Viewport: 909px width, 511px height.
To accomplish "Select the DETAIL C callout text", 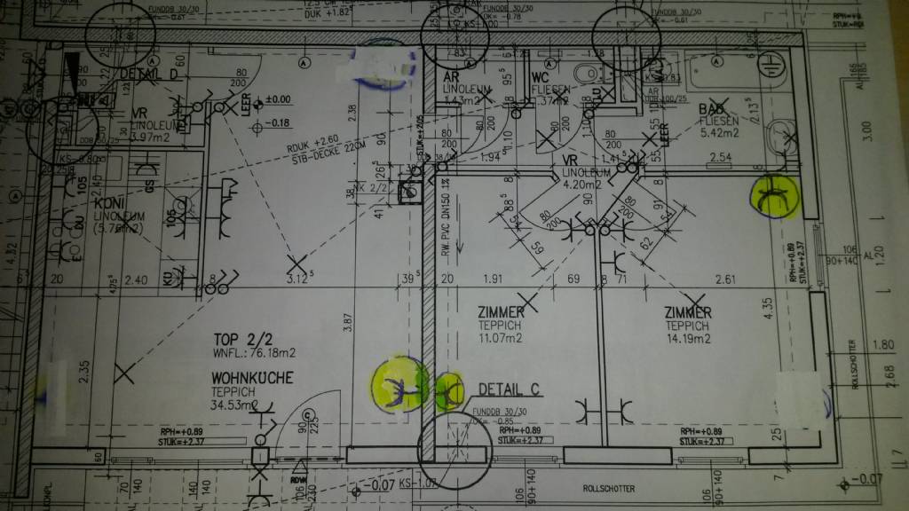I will tap(510, 389).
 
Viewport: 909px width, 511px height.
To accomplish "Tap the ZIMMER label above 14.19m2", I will tap(689, 312).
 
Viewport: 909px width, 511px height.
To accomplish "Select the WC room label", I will tap(541, 76).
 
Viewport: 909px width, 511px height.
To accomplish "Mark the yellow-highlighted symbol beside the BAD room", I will tap(774, 195).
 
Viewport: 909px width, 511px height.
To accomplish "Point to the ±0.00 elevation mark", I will tap(275, 100).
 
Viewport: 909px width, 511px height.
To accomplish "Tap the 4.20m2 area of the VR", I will tap(582, 186).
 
